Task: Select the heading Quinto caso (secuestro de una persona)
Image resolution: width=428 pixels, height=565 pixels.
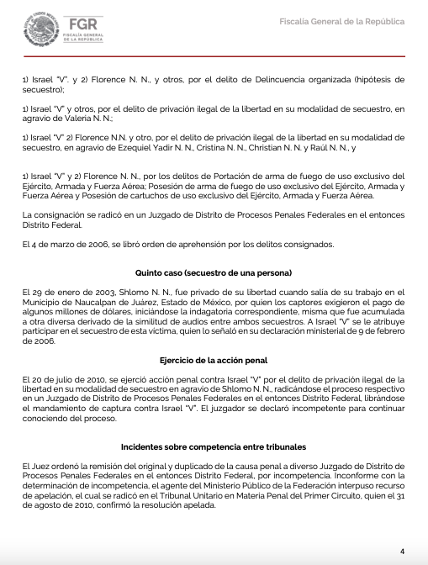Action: [214, 273]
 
